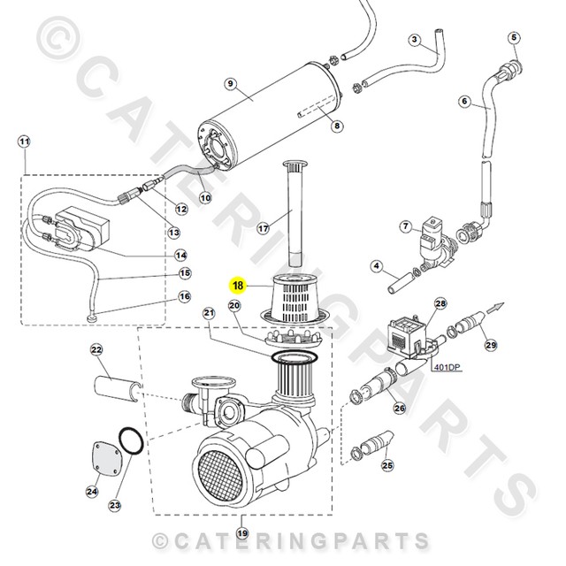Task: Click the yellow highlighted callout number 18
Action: pos(237,286)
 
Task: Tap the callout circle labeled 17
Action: pos(263,228)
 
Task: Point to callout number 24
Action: pos(92,491)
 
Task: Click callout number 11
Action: pos(24,141)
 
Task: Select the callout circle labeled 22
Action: pos(97,351)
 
